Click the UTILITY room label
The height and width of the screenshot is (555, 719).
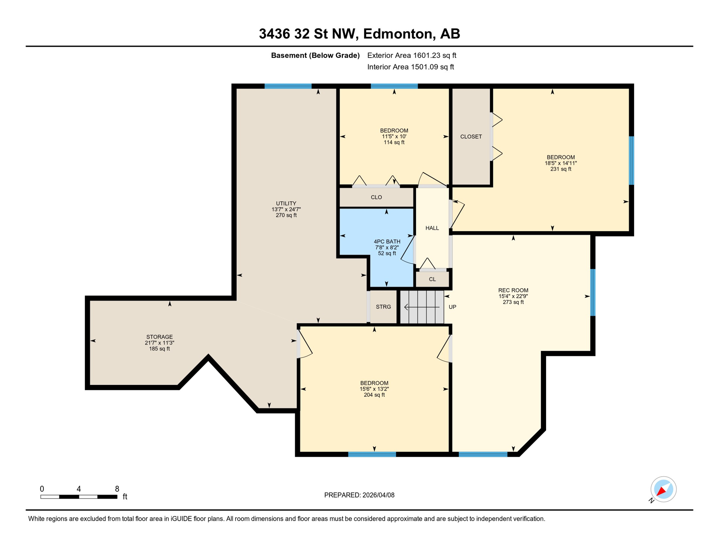point(286,203)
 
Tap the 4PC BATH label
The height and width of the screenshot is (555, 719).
point(387,241)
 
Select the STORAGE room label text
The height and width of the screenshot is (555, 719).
point(159,337)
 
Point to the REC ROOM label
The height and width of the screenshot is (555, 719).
point(513,290)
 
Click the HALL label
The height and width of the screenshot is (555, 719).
point(432,228)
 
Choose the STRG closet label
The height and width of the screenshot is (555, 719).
point(383,307)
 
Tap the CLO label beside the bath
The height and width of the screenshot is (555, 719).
point(376,197)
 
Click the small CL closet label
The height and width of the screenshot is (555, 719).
point(432,279)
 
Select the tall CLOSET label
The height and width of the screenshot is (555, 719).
point(471,137)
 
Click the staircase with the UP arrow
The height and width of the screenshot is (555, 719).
point(422,307)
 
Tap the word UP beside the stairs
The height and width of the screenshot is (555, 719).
point(452,307)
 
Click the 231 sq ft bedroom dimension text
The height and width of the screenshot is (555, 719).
point(561,169)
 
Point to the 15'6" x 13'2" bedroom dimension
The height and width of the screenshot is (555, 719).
point(374,389)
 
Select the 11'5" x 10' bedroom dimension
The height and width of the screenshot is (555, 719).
point(394,137)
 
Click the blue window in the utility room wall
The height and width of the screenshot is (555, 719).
point(288,86)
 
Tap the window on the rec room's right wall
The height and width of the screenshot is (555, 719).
point(593,292)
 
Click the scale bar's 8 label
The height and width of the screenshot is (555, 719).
point(117,489)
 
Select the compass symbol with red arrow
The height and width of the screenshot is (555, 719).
point(663,489)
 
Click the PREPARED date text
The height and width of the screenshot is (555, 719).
point(359,495)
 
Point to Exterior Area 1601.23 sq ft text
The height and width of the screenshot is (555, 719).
point(412,55)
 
